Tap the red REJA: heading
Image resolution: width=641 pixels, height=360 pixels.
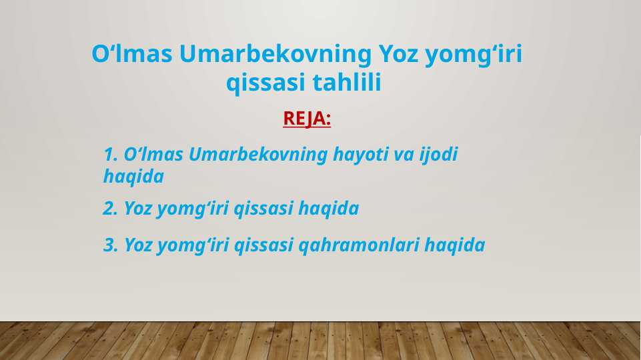click(x=307, y=119)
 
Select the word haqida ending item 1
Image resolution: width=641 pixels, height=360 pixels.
click(x=133, y=177)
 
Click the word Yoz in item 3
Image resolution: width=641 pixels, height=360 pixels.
click(x=138, y=245)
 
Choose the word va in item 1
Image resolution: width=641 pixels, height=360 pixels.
click(x=404, y=155)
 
